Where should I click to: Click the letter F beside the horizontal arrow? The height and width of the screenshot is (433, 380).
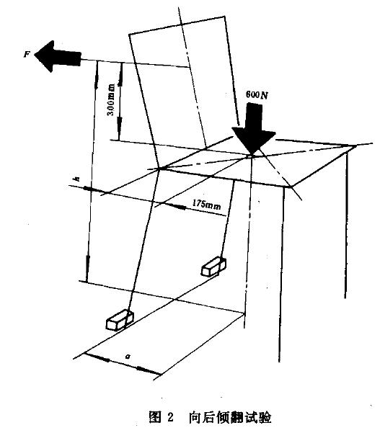(26, 54)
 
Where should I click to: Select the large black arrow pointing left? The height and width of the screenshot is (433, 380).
(58, 56)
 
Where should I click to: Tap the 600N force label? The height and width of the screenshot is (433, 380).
(257, 95)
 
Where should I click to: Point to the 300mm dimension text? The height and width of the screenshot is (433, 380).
(111, 99)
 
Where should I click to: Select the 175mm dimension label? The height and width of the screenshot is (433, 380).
(207, 205)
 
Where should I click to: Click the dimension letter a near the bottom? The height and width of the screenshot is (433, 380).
(128, 356)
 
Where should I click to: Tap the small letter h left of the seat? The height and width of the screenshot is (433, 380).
(77, 179)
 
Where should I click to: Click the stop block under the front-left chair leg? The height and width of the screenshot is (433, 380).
(120, 321)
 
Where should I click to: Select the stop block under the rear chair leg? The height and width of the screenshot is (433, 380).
(213, 267)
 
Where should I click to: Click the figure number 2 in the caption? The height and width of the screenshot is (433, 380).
(170, 417)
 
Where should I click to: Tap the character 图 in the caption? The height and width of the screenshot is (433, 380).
(155, 417)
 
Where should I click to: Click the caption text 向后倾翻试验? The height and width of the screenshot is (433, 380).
(230, 417)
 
